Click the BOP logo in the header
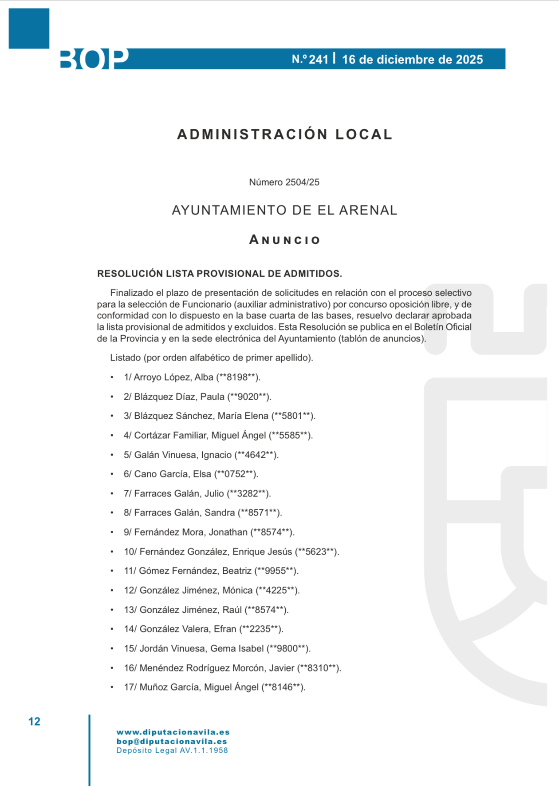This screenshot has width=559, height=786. [94, 59]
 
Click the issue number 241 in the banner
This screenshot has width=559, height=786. [318, 60]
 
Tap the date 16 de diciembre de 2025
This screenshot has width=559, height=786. [412, 60]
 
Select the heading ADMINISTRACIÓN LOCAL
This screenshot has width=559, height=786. [285, 134]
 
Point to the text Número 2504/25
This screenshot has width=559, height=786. [284, 182]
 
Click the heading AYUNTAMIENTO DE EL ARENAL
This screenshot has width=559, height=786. [284, 210]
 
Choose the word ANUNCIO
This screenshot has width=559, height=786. [285, 240]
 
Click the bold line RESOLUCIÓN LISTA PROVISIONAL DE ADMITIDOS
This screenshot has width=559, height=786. [220, 274]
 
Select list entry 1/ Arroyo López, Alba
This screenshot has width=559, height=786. [192, 377]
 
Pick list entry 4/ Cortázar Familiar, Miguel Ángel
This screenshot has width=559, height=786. [218, 435]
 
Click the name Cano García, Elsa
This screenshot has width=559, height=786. [173, 474]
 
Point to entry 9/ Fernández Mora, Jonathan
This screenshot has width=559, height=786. [209, 532]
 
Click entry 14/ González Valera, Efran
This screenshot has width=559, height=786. [203, 629]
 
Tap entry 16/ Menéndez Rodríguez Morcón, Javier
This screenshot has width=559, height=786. [232, 668]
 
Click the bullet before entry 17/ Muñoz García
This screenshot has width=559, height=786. [112, 687]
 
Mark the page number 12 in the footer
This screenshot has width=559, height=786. [34, 722]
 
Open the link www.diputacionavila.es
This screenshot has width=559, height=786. [173, 732]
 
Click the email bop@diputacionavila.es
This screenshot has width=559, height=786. [172, 741]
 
